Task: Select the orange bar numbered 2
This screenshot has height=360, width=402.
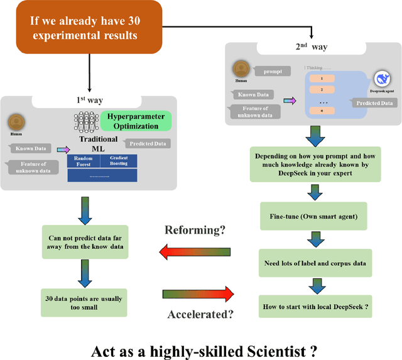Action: click(322, 90)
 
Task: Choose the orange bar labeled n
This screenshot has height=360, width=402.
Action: click(322, 110)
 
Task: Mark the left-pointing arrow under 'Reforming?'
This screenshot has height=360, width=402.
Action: click(194, 252)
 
